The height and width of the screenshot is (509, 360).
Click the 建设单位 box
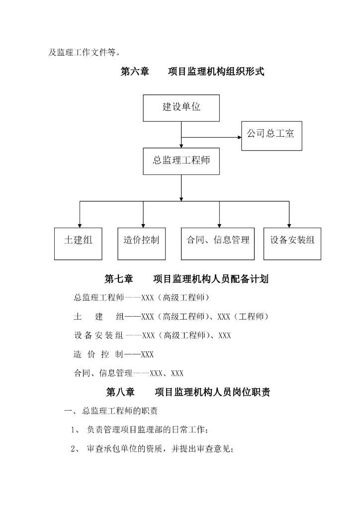coord(181,107)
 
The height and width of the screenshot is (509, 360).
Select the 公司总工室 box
coord(271,135)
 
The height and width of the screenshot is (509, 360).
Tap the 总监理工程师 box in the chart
coord(181,161)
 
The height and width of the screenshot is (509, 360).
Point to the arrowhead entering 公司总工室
coord(239,137)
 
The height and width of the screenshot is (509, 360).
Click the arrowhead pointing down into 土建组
coord(79,225)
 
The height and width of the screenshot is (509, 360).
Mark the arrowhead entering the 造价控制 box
coord(143,225)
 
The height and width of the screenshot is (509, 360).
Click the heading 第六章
coord(135,72)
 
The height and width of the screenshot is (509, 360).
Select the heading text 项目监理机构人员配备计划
coord(211,279)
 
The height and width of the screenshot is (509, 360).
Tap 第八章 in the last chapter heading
coord(120,392)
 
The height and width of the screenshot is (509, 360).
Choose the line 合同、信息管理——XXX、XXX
coord(129,373)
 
